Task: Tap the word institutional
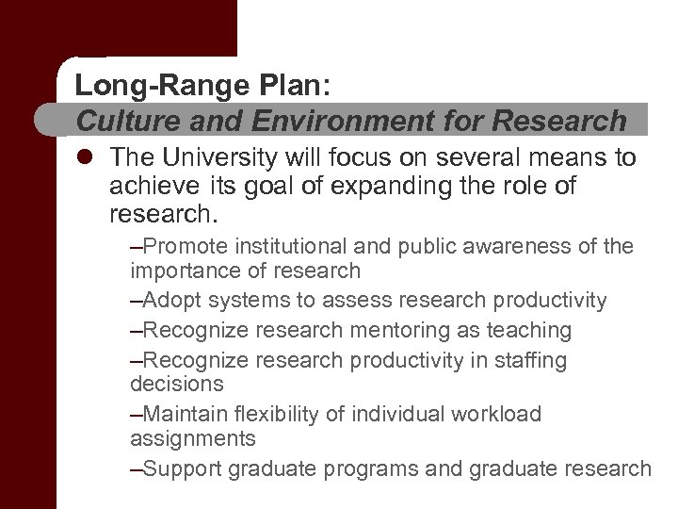292,247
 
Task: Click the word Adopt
172,301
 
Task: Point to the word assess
356,301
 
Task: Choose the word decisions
177,384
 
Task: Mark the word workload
496,414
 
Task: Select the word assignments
192,438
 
